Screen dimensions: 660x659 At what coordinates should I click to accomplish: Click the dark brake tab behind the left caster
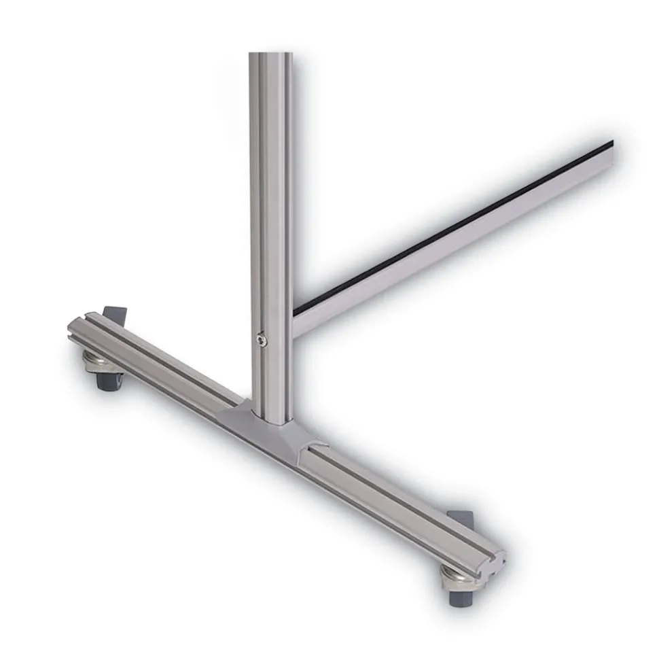115,315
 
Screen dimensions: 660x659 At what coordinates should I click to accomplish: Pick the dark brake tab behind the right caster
461,518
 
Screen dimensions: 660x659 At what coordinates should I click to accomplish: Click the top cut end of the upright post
270,54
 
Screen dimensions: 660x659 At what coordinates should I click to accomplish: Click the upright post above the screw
270,204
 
